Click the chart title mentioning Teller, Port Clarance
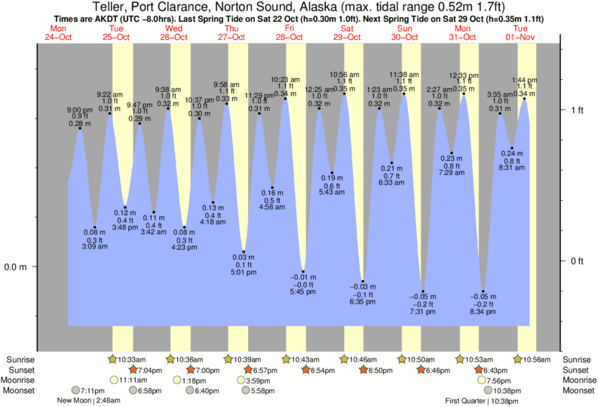coord(299,7)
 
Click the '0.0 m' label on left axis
coord(14,267)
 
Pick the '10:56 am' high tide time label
coord(344,74)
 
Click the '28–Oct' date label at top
coord(288,35)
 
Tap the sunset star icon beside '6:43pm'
coord(480,370)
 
